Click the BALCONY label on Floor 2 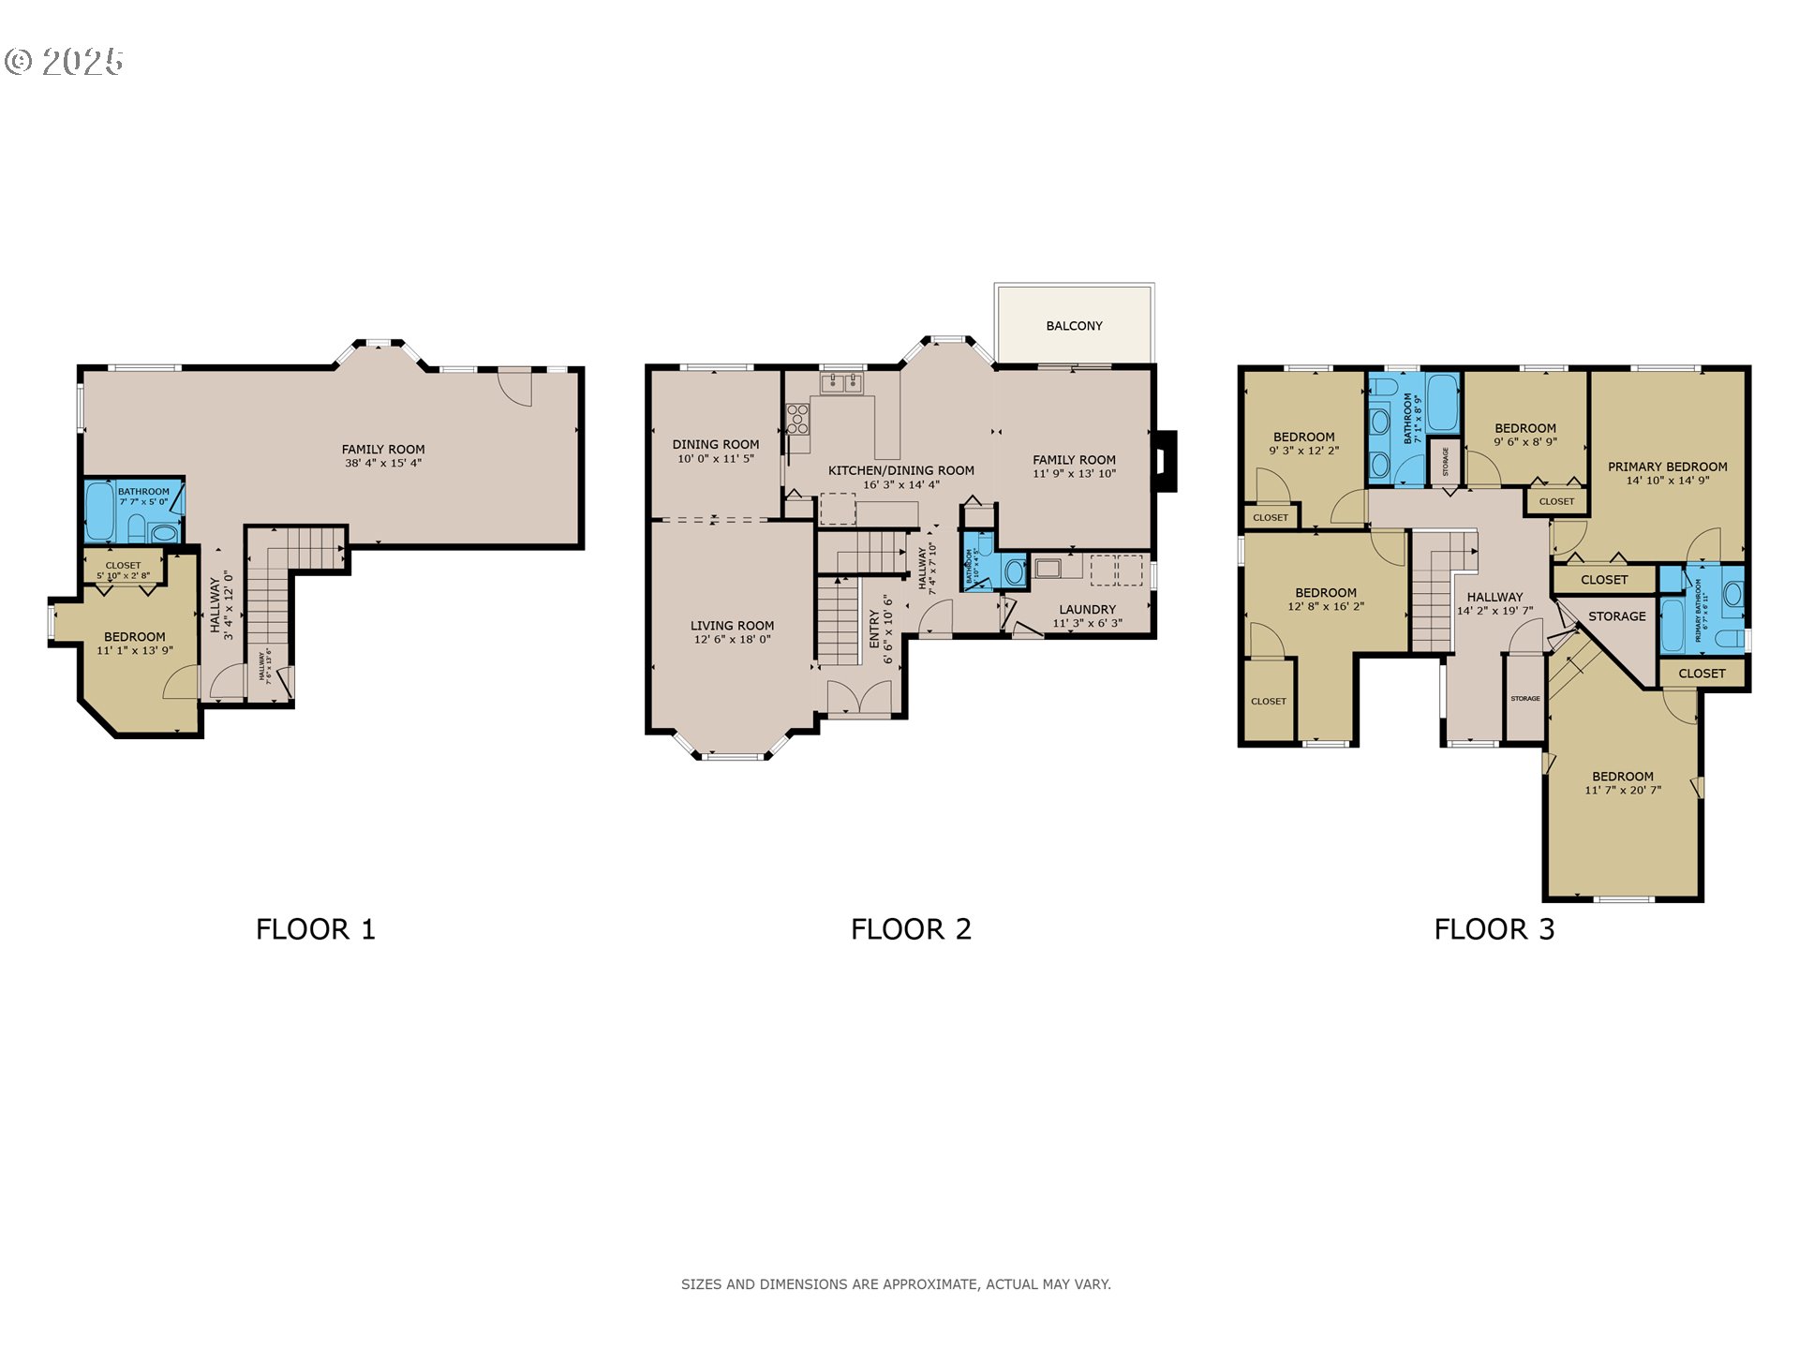tap(1074, 326)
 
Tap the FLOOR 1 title tap(316, 929)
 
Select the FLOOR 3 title tap(1494, 929)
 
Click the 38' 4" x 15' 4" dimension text tap(383, 463)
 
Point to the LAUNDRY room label tap(1087, 609)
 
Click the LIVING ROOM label tap(732, 626)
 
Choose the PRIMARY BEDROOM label tap(1667, 467)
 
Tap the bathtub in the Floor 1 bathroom tap(99, 511)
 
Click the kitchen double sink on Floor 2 tap(840, 382)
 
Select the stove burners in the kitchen tap(797, 419)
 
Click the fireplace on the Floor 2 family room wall tap(1165, 461)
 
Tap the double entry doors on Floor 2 tap(859, 699)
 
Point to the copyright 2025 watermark tap(64, 62)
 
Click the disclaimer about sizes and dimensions tap(896, 1284)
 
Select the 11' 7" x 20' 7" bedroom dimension tap(1622, 791)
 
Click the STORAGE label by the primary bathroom tap(1616, 616)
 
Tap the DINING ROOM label tap(715, 445)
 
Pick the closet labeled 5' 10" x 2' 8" tap(123, 571)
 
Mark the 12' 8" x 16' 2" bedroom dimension tap(1325, 607)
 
